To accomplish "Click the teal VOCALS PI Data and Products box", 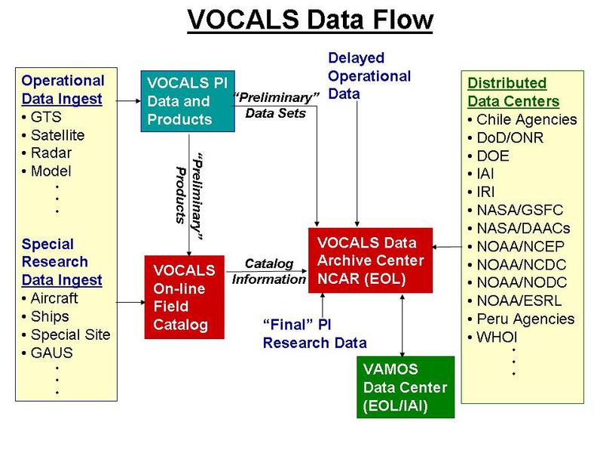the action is [188, 101].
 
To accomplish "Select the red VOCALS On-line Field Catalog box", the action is [184, 297].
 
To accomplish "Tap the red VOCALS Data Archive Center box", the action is [370, 260].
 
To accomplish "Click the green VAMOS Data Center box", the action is [406, 387].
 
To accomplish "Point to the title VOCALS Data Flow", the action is [311, 20].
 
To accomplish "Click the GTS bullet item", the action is [42, 117].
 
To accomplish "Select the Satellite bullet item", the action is [54, 135].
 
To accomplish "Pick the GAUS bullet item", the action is [47, 353].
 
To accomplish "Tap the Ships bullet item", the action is [46, 316].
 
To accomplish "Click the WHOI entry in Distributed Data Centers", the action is [493, 337].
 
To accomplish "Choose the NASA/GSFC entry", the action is [516, 210].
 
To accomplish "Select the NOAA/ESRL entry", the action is [515, 300].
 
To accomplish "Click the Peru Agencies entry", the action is [521, 319].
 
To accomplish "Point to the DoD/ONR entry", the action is [506, 137].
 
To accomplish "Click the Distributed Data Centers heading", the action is [513, 92].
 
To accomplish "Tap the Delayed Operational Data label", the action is [369, 76].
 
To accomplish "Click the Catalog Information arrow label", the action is [269, 271].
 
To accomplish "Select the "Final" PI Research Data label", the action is [314, 334].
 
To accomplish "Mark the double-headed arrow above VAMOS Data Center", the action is [403, 325].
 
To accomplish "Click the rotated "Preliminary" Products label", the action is [189, 197].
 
